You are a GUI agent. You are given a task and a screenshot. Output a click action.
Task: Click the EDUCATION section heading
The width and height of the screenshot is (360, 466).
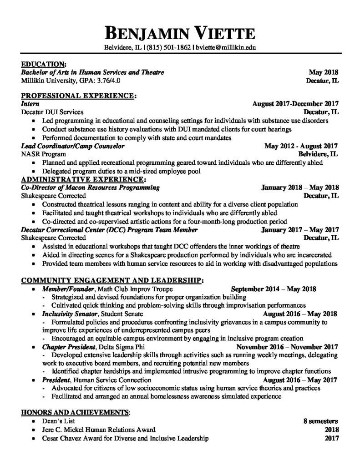pos(44,65)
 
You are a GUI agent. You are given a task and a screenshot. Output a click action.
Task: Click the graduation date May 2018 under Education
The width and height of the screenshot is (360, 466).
pos(323,72)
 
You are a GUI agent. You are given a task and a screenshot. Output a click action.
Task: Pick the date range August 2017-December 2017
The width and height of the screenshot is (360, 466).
pos(295,104)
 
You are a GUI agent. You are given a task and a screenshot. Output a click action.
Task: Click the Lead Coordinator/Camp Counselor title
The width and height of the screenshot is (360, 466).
pos(73,146)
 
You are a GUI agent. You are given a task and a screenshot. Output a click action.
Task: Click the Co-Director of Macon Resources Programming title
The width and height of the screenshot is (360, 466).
pos(91,187)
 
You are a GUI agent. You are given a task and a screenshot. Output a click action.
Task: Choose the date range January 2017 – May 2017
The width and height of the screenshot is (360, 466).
pos(300,230)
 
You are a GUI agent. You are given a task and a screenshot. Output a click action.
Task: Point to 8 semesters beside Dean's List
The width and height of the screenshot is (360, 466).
pos(321,421)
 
